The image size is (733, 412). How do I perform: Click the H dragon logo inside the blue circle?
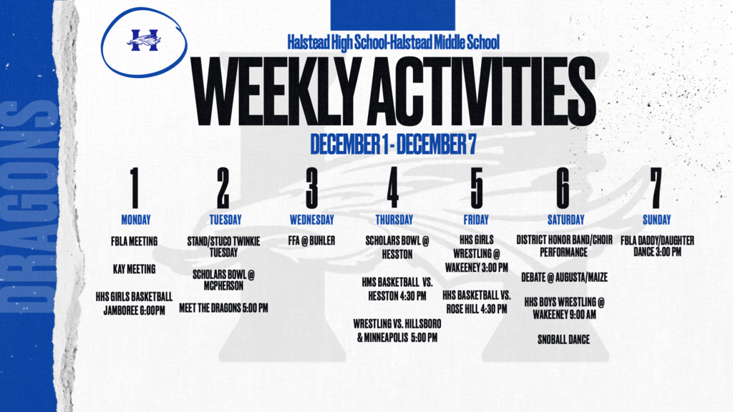[144, 40]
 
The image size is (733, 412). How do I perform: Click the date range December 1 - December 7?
[393, 144]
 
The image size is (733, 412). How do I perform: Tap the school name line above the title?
[393, 42]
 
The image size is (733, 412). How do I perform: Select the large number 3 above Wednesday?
[312, 188]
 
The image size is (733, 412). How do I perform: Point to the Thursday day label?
[394, 220]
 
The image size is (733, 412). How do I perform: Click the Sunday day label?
[656, 220]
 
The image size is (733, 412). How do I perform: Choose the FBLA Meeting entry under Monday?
[134, 242]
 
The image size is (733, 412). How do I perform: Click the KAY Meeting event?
[134, 269]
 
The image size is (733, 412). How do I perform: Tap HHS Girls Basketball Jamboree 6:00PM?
[134, 303]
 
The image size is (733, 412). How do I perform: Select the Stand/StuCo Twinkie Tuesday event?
[223, 247]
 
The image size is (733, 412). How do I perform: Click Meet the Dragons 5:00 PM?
[223, 308]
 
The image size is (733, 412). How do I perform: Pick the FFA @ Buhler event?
[312, 240]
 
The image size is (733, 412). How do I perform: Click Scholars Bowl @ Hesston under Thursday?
[397, 247]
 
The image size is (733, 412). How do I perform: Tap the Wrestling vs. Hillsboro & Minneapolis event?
[397, 330]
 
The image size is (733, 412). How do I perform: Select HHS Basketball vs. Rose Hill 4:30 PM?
[476, 302]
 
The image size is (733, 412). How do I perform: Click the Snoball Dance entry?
[563, 340]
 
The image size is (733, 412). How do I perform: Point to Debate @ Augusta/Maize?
[564, 278]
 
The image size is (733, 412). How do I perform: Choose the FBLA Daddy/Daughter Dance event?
[657, 246]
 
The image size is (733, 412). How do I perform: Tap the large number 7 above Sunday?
[656, 188]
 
